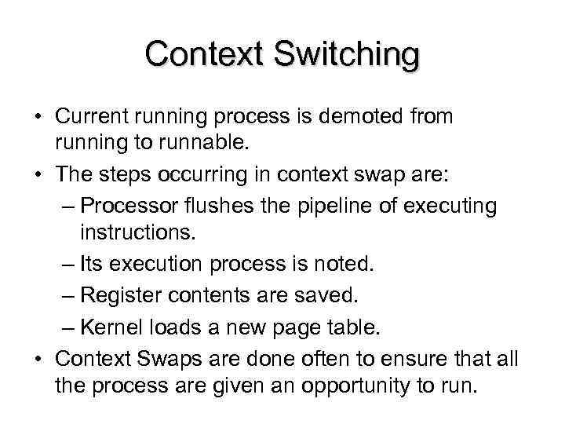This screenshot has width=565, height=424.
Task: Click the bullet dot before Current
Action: pos(38,117)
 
